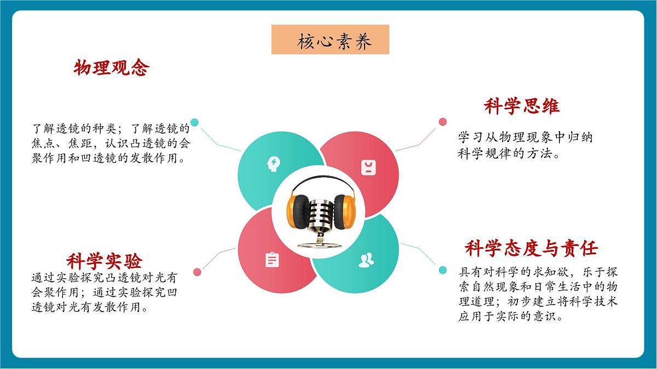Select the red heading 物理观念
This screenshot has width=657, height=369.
(111, 68)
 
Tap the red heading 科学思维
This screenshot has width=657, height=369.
(521, 106)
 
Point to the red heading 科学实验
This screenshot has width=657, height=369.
(104, 259)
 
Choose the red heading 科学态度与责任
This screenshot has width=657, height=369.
(531, 248)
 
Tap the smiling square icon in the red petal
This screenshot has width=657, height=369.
(367, 167)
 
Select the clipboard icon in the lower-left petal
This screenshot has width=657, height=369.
(272, 260)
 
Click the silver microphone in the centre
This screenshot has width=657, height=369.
(320, 216)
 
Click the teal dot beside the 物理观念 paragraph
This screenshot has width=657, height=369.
(194, 122)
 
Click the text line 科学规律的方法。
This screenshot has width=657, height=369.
(508, 154)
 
